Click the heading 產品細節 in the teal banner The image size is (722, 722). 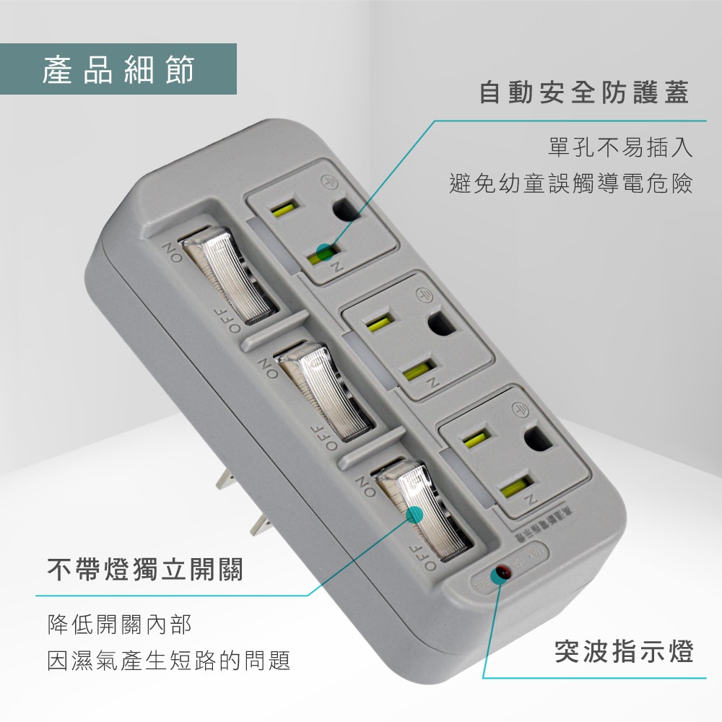point(118,69)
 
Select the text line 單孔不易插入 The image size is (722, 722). point(620,148)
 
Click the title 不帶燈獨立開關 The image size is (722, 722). point(145,570)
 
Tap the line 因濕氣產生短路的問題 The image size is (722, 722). point(169,660)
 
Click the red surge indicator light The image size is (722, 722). point(499,575)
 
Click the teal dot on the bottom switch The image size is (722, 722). point(414,515)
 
